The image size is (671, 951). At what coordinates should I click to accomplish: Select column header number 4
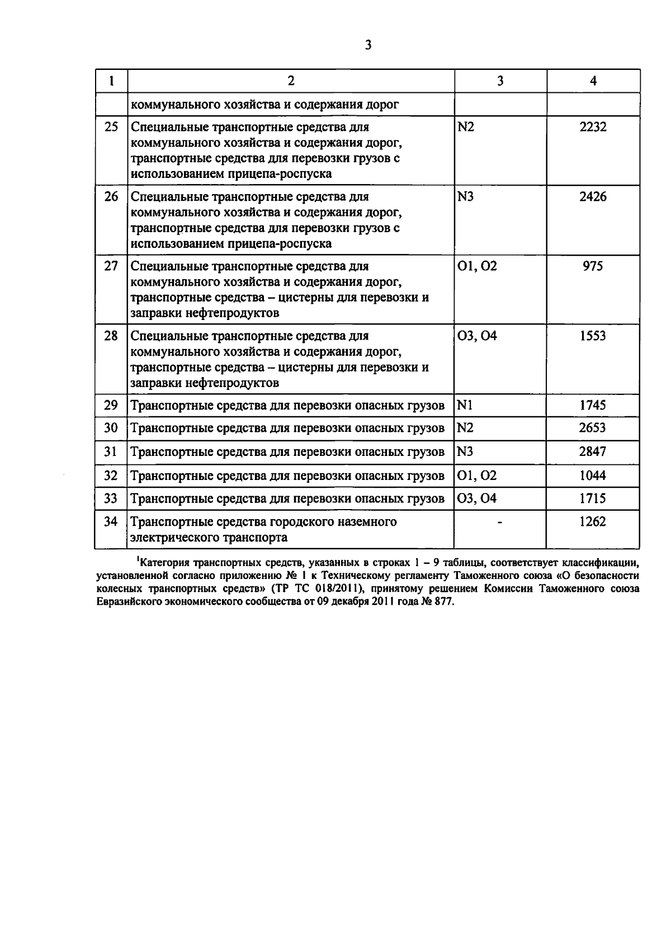593,81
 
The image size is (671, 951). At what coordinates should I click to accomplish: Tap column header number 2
291,81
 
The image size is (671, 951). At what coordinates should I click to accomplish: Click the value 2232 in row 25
593,127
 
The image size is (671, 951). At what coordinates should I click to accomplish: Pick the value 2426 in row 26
593,197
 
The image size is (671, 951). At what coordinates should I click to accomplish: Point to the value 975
593,266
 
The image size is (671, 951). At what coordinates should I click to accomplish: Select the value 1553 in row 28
593,336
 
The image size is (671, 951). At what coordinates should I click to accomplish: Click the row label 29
111,406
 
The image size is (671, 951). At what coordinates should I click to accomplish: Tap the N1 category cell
465,406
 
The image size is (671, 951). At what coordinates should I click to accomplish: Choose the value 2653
593,429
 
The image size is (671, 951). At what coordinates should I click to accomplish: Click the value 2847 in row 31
593,452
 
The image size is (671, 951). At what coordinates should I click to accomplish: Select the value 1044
593,475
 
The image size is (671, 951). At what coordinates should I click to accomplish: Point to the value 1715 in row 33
593,498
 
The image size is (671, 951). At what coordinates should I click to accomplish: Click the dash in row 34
500,522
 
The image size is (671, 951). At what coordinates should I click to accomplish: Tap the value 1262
593,522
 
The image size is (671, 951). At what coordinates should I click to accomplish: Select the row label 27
111,266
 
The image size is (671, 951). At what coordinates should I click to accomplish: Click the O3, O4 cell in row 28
477,336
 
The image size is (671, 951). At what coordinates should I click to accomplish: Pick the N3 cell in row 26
466,197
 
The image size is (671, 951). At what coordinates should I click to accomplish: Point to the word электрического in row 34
175,538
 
